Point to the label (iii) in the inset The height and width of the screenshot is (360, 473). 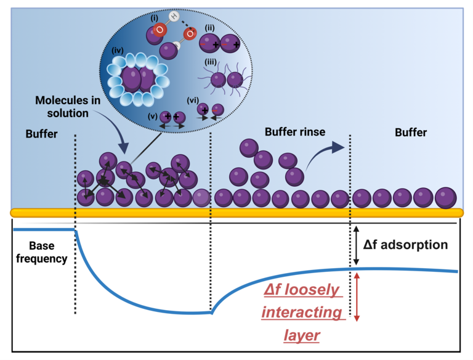210,61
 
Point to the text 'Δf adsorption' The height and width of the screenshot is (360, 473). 405,245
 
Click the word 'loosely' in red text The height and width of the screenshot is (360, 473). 302,290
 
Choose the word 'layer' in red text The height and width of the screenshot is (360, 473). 302,335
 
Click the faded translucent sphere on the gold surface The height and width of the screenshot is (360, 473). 201,198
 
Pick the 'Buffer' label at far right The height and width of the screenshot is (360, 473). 411,132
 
